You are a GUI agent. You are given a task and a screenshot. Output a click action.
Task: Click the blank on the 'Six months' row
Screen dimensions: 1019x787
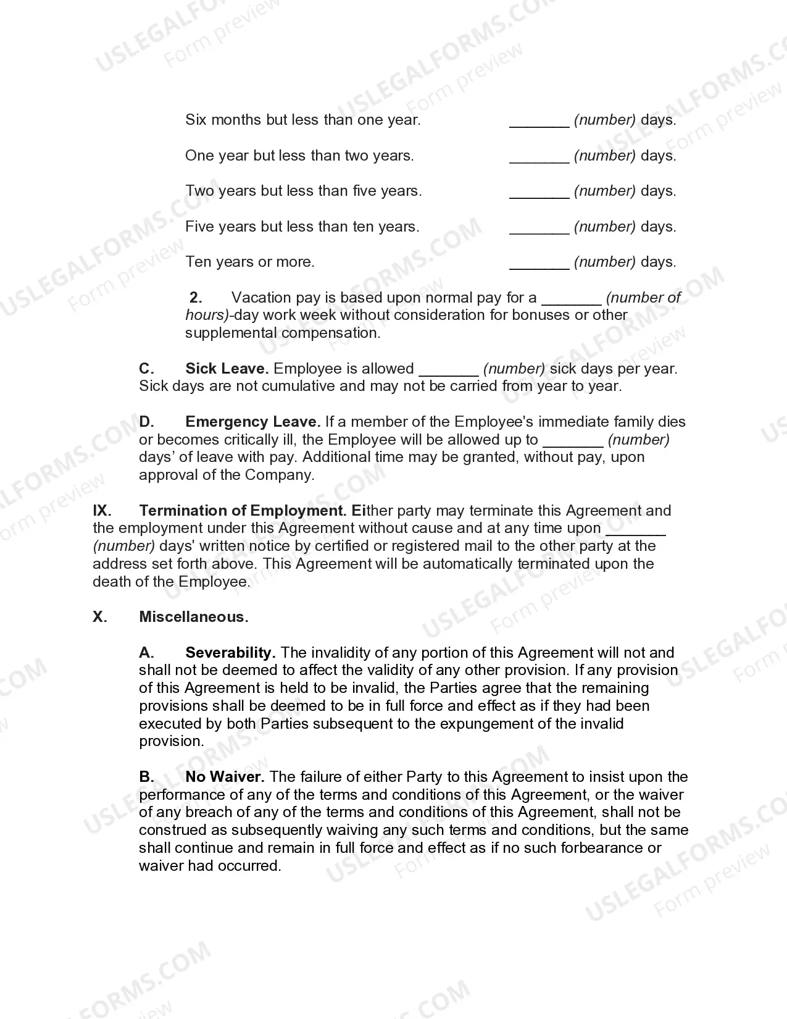point(539,121)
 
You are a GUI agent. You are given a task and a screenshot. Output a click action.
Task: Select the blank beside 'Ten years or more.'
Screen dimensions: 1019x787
point(539,263)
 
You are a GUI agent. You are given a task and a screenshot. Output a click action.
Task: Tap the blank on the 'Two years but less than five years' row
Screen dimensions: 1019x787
point(539,192)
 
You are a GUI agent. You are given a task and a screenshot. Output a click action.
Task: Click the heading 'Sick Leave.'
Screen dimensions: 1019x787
point(227,369)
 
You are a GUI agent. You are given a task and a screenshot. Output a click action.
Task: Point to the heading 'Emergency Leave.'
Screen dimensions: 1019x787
point(252,422)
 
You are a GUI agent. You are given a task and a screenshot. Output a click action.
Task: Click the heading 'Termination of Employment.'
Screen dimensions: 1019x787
point(242,511)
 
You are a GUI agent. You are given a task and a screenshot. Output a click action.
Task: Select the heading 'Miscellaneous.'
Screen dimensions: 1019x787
point(194,617)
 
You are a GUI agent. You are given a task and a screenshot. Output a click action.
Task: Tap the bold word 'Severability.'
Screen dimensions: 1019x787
point(230,653)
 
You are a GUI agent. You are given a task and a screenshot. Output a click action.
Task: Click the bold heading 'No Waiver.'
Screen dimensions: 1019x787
point(225,777)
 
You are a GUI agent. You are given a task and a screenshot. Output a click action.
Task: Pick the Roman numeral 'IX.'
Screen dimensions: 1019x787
point(102,511)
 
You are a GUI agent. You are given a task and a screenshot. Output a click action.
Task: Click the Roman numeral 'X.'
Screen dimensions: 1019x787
point(99,617)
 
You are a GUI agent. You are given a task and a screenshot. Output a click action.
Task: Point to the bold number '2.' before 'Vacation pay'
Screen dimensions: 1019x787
point(196,298)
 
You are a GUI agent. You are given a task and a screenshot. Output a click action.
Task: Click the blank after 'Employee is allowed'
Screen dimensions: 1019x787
point(449,370)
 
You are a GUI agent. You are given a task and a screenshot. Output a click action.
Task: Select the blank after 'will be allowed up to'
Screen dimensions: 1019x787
point(573,441)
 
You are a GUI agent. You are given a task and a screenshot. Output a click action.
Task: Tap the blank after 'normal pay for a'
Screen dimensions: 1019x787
point(572,299)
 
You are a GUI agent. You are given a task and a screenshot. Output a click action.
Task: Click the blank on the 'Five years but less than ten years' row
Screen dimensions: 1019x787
point(539,228)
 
